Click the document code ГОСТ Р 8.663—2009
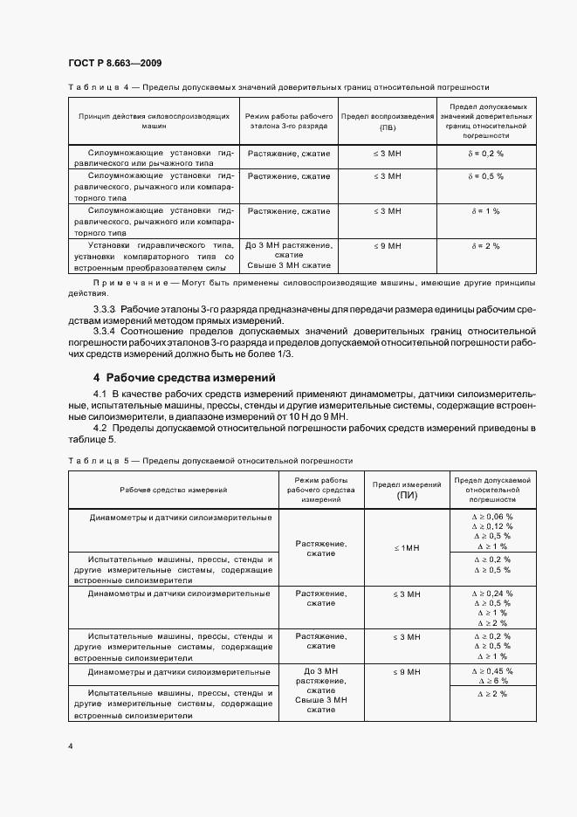(x=113, y=64)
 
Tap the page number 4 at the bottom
(x=70, y=747)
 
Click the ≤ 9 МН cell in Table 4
(x=386, y=246)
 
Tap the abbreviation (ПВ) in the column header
(x=386, y=127)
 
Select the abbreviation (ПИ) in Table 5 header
(x=407, y=495)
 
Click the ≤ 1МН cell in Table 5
(x=407, y=547)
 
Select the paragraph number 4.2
(x=100, y=428)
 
